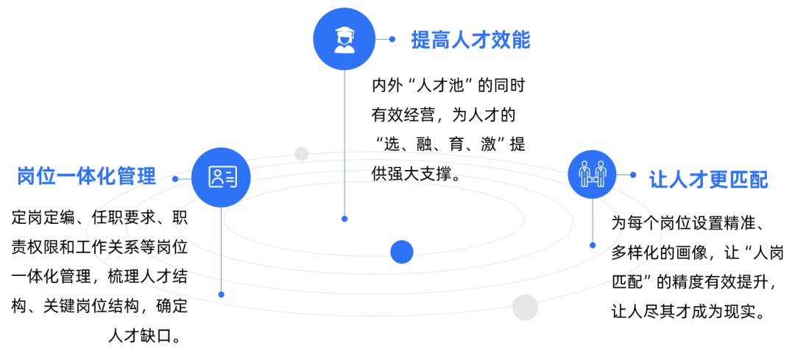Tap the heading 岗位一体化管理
(87, 177)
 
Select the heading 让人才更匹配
(708, 180)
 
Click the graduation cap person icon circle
(343, 38)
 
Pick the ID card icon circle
(221, 177)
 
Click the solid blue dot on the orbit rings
(402, 252)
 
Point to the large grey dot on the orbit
(525, 307)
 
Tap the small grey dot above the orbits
(302, 154)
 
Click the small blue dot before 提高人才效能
(393, 40)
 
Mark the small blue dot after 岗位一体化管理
(175, 178)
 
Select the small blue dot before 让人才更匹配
(633, 175)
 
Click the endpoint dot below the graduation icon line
(344, 219)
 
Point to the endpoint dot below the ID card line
(221, 294)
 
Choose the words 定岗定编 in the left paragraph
(41, 218)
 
